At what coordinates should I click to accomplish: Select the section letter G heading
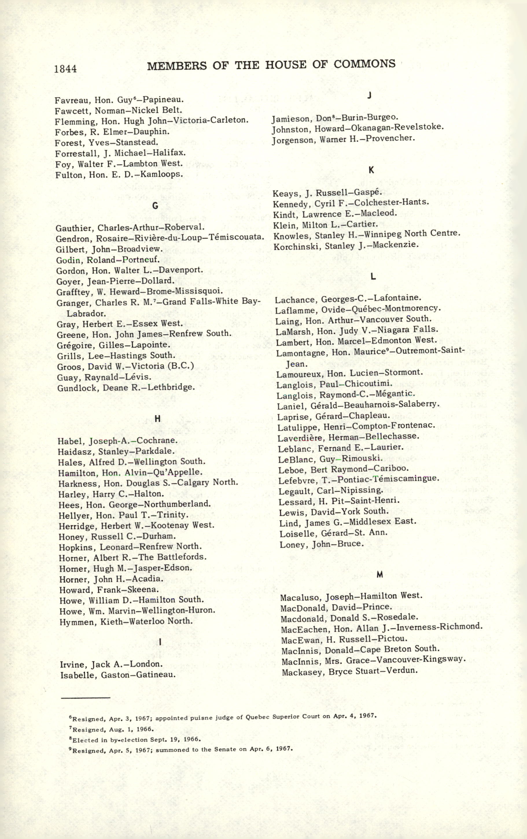point(155,206)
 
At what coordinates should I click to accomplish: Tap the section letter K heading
point(371,170)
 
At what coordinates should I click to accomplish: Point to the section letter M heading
point(380,575)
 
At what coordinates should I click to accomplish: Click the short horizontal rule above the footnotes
point(85,698)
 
